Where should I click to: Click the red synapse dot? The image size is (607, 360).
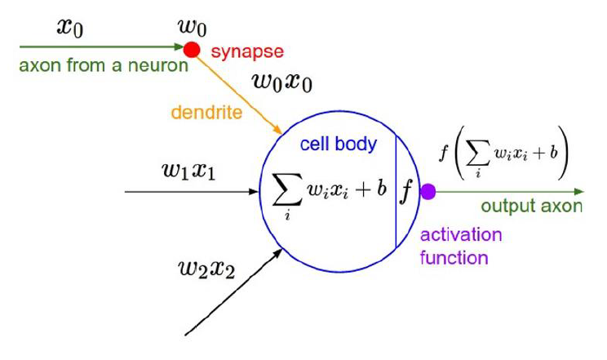(x=192, y=51)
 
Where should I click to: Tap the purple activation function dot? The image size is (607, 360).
(x=428, y=193)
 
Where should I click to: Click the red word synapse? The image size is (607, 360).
(x=247, y=52)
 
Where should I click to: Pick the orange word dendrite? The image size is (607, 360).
(x=206, y=113)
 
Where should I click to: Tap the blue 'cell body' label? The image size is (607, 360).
(x=339, y=144)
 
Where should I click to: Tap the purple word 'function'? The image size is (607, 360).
(x=454, y=259)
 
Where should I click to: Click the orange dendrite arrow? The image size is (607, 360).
(x=237, y=94)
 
